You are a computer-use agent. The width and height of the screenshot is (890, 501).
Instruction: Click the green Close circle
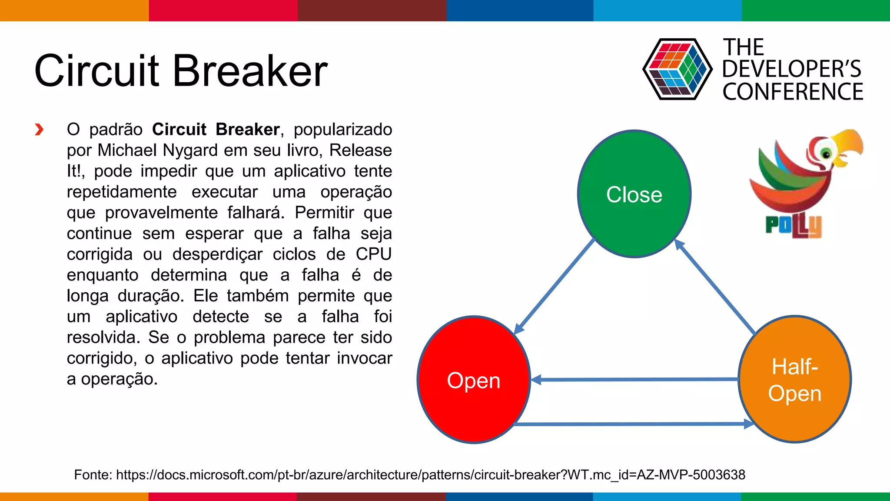pyautogui.click(x=634, y=194)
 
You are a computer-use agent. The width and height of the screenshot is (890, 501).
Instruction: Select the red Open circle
pyautogui.click(x=474, y=380)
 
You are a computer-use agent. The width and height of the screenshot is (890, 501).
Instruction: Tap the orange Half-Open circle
pyautogui.click(x=795, y=380)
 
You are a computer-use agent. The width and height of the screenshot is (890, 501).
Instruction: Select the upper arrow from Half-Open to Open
pyautogui.click(x=634, y=380)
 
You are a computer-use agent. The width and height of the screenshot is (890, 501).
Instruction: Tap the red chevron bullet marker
pyautogui.click(x=39, y=130)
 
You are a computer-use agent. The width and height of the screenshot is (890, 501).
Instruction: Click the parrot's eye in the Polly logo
pyautogui.click(x=826, y=154)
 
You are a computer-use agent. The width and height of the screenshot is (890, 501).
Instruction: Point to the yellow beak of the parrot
pyautogui.click(x=847, y=146)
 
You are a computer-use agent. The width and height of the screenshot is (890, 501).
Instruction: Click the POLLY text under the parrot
pyautogui.click(x=794, y=226)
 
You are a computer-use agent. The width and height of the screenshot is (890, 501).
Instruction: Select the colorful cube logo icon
pyautogui.click(x=677, y=69)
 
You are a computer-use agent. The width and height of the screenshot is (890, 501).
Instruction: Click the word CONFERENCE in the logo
pyautogui.click(x=793, y=92)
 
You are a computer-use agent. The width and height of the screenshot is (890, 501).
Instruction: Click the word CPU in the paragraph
pyautogui.click(x=373, y=254)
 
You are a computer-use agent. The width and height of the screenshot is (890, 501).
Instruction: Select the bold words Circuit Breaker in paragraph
pyautogui.click(x=216, y=130)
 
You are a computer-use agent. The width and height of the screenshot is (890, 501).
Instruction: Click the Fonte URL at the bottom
pyautogui.click(x=430, y=474)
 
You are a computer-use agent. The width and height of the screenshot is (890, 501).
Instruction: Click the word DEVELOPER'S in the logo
pyautogui.click(x=791, y=69)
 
